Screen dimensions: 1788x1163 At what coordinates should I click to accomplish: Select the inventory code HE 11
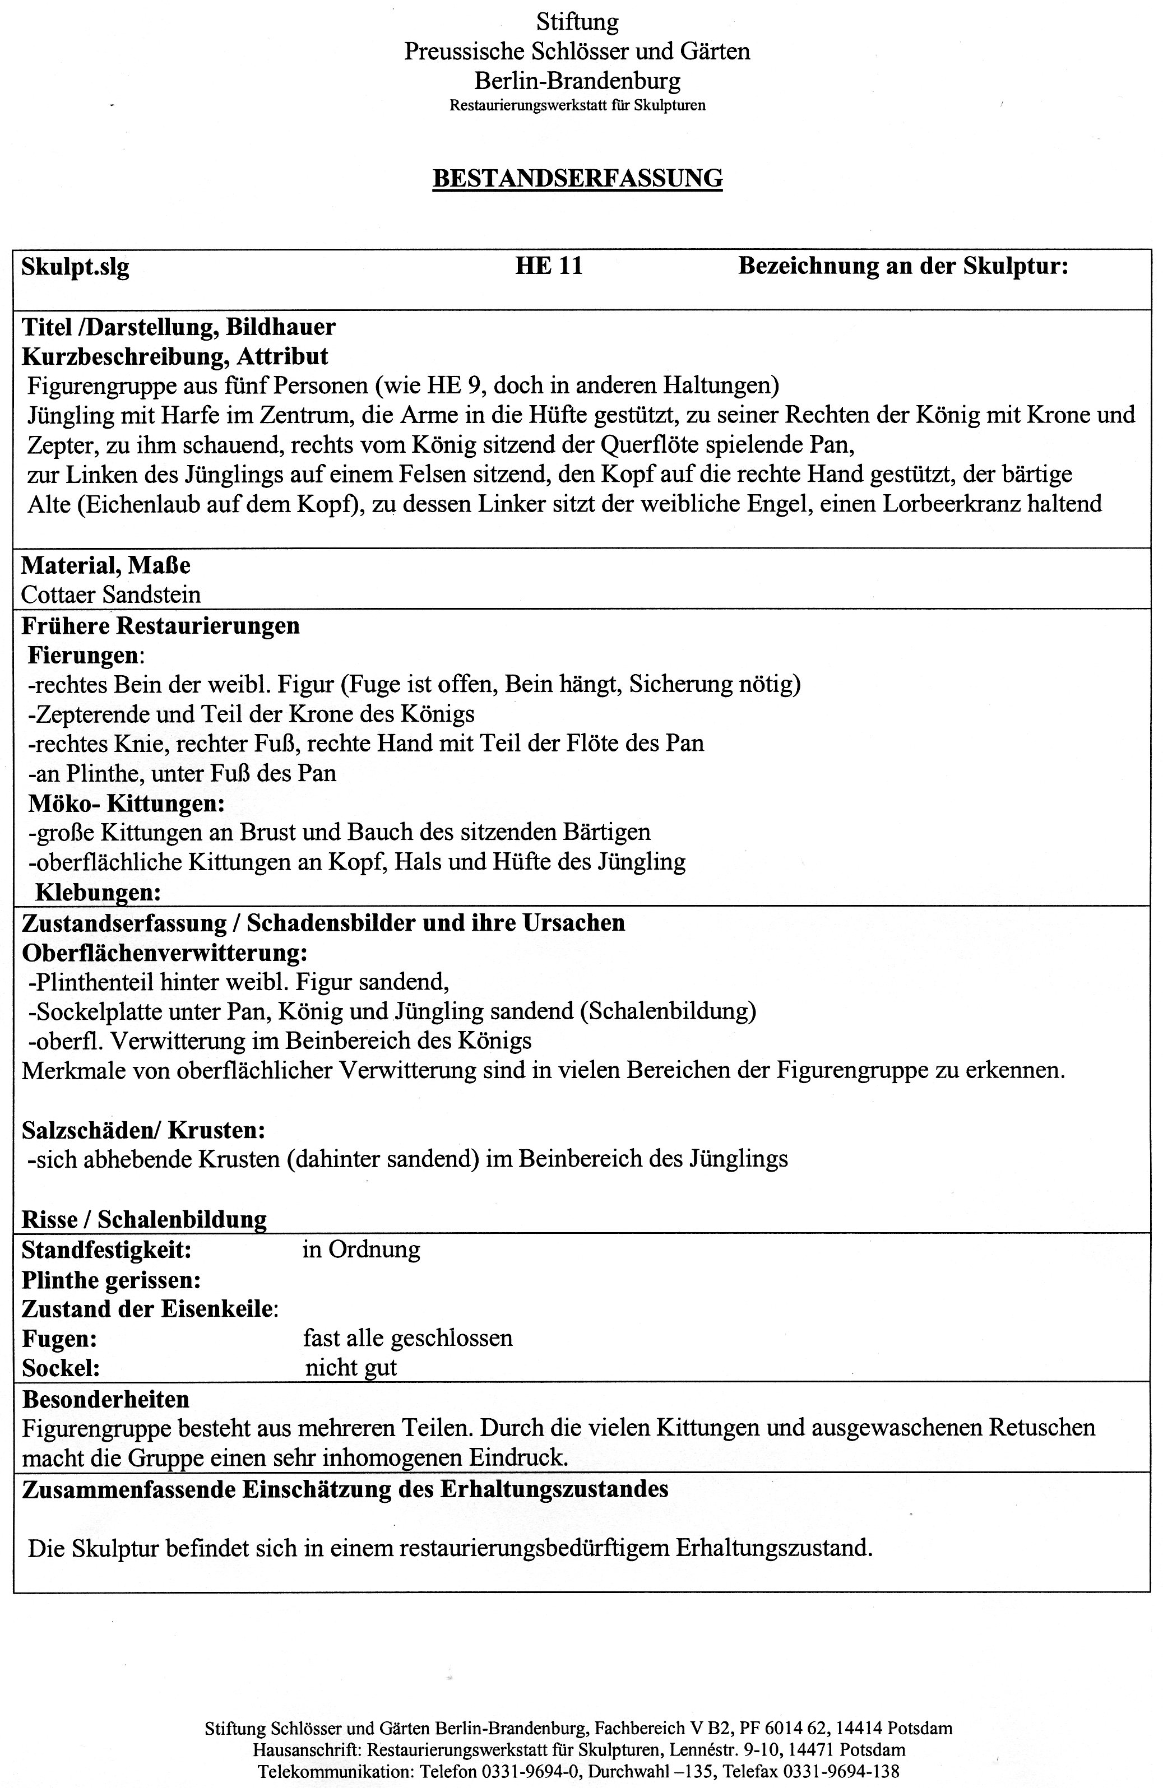(549, 266)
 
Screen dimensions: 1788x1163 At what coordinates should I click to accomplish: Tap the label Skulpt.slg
(75, 267)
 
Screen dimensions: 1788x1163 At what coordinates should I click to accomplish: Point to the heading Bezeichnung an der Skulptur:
(903, 266)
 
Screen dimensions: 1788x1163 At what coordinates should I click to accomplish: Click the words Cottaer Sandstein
(111, 595)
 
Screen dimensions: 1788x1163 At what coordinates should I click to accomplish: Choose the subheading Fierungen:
(86, 655)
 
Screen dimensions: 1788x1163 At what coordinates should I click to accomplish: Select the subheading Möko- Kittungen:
(126, 804)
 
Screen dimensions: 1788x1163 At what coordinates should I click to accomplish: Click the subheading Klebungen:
(99, 893)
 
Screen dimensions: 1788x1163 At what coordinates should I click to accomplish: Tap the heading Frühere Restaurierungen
(161, 625)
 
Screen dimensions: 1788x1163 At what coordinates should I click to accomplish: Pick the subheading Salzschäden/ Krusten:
(143, 1129)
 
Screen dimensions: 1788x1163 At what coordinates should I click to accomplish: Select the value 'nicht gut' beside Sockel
(351, 1367)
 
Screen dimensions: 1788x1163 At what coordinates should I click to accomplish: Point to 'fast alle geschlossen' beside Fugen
(407, 1338)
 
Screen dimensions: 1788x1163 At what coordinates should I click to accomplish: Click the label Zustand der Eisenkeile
(150, 1309)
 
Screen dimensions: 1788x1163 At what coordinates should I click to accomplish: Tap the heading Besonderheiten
(106, 1399)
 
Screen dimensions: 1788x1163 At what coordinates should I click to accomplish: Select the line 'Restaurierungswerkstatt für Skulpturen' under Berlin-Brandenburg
(577, 105)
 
